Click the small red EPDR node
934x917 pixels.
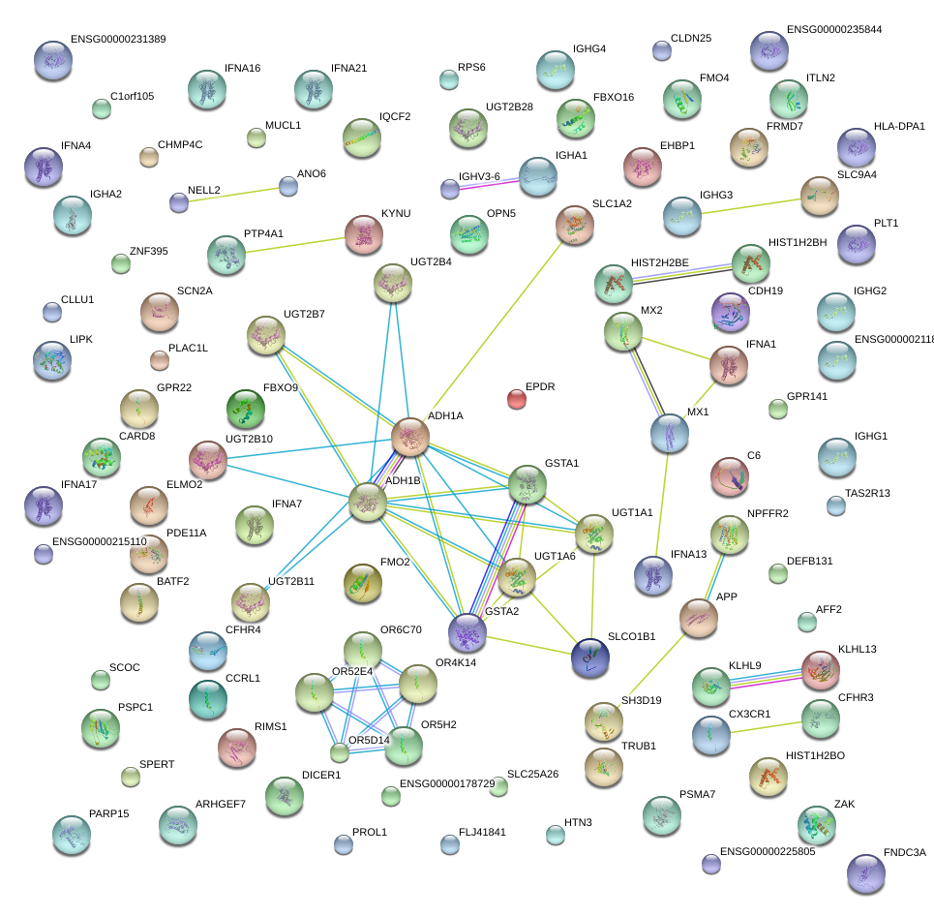click(517, 398)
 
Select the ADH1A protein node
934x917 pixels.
click(410, 437)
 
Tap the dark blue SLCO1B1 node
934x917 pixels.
click(589, 657)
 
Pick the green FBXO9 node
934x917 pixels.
click(245, 409)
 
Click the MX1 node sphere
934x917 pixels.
click(669, 433)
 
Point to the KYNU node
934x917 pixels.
click(363, 233)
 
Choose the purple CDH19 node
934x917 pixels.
click(730, 312)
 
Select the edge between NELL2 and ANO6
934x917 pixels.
click(233, 194)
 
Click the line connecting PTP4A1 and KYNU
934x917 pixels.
click(295, 244)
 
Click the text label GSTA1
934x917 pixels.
click(561, 463)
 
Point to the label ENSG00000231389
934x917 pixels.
click(118, 40)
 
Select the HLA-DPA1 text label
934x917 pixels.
click(899, 126)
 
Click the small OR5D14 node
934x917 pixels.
click(339, 752)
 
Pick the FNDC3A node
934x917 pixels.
click(865, 872)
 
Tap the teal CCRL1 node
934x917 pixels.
click(207, 699)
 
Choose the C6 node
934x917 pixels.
click(729, 475)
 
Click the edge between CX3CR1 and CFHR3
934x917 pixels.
click(766, 726)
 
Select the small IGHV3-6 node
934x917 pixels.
click(450, 189)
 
